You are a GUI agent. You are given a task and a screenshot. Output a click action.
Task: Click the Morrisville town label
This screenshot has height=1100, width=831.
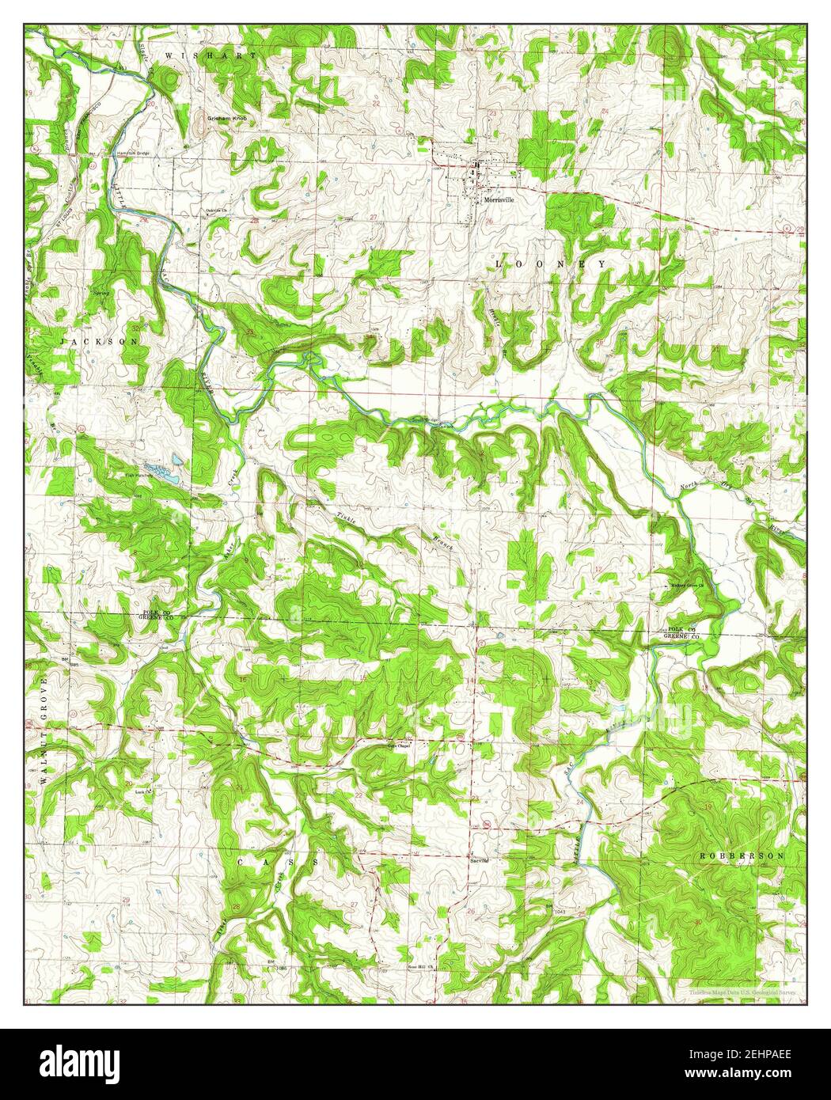click(499, 200)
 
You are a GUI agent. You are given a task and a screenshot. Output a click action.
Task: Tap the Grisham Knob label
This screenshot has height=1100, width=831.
click(228, 118)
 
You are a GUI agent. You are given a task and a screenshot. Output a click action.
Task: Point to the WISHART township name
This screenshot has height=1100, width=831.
click(211, 56)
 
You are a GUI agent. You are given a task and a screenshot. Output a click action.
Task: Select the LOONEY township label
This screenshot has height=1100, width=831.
click(551, 263)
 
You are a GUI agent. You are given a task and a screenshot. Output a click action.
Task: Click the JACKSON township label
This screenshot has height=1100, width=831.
click(100, 340)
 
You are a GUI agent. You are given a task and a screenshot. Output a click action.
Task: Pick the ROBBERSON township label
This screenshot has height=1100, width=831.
click(743, 856)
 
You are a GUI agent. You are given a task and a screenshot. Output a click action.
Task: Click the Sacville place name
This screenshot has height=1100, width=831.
click(479, 859)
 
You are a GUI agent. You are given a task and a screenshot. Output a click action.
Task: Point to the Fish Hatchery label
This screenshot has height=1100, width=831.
click(138, 475)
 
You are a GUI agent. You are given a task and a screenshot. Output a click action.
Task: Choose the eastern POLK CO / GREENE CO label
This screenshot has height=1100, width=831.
click(680, 631)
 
